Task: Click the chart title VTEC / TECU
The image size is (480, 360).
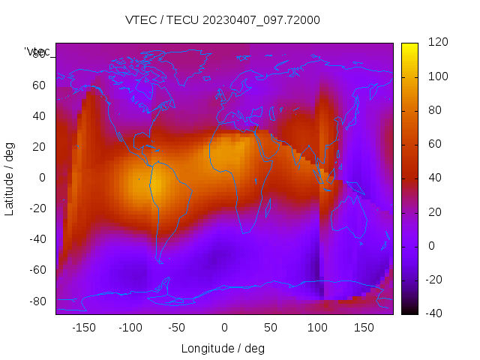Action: click(222, 20)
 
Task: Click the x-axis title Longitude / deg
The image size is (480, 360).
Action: click(223, 348)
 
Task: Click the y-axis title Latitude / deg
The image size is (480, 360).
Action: click(10, 178)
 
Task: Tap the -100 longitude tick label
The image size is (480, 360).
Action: click(130, 327)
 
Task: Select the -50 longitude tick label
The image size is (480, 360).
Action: click(177, 327)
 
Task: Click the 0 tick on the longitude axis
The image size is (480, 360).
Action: click(223, 327)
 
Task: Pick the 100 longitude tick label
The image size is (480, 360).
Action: click(317, 327)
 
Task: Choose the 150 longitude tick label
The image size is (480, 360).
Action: click(364, 327)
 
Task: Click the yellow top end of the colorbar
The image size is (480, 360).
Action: click(409, 46)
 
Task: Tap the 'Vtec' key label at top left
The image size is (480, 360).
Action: click(37, 52)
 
